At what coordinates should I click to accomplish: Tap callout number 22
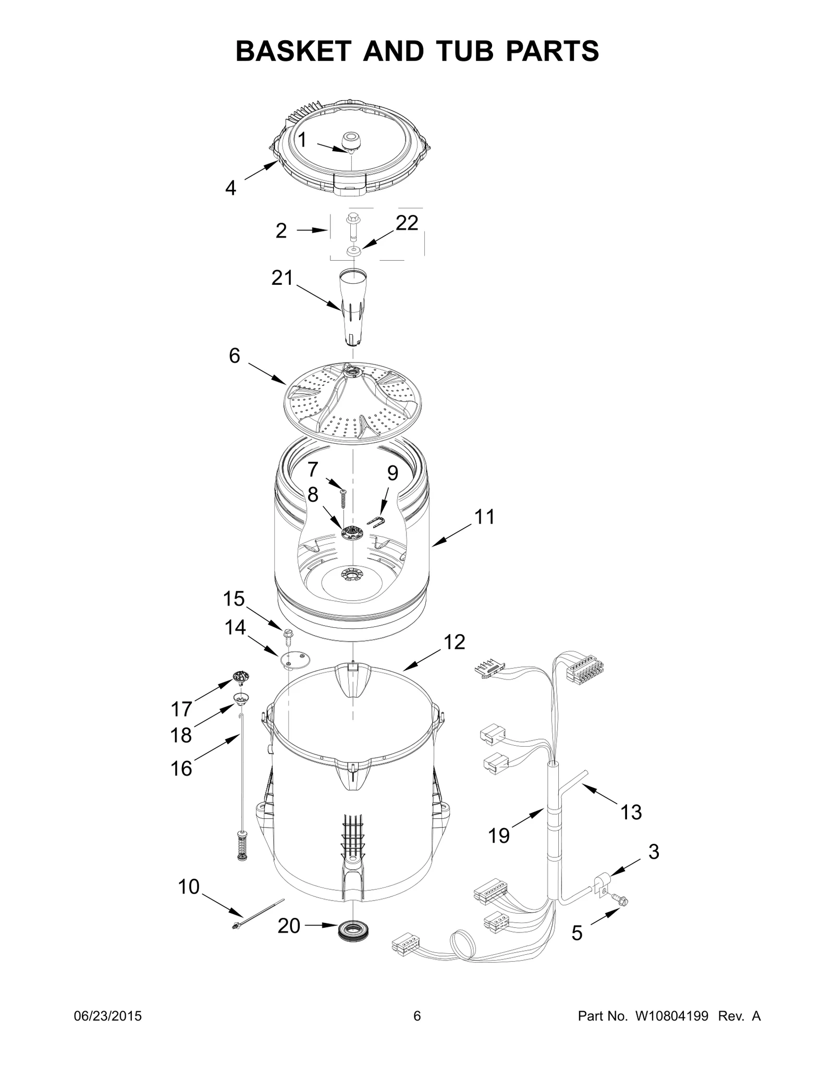(x=407, y=223)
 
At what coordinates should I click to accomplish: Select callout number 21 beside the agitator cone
(x=282, y=278)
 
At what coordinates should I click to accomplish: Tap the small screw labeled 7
(x=343, y=497)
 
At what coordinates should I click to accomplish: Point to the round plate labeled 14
(x=295, y=659)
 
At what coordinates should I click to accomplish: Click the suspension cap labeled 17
(x=241, y=678)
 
